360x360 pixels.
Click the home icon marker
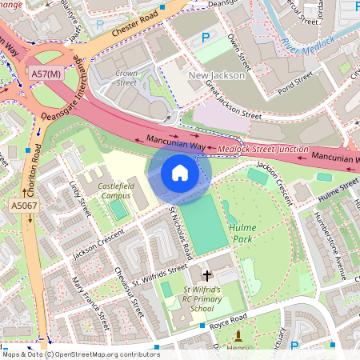click(180, 173)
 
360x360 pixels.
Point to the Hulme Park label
click(243, 232)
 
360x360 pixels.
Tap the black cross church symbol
click(207, 274)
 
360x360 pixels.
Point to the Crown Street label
click(126, 78)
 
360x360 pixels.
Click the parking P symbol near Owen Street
click(206, 37)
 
